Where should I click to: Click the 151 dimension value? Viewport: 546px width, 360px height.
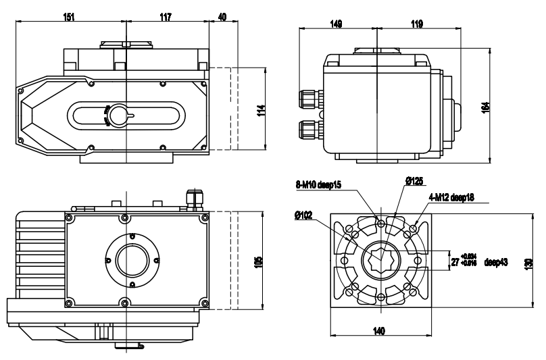pyautogui.click(x=69, y=16)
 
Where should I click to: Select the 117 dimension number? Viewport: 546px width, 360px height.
pyautogui.click(x=166, y=16)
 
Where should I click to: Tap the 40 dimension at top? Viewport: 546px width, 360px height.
pyautogui.click(x=222, y=16)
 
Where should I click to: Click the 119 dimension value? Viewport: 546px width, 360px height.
pyautogui.click(x=417, y=24)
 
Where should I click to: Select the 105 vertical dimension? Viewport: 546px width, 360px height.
pyautogui.click(x=258, y=260)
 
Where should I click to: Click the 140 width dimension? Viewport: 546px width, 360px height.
pyautogui.click(x=379, y=331)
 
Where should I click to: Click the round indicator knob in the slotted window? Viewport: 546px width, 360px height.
pyautogui.click(x=119, y=115)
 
